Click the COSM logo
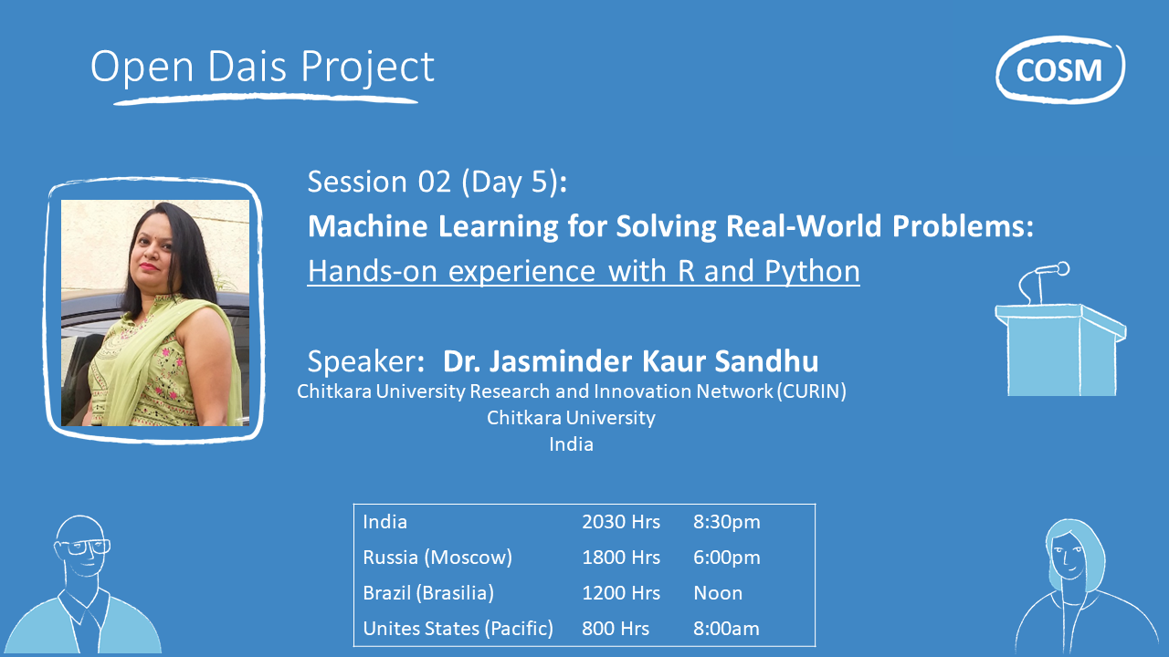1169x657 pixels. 1059,69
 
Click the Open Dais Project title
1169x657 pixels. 262,68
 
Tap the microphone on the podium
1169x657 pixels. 1050,270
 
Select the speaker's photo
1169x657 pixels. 155,312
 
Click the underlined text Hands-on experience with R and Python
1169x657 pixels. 584,271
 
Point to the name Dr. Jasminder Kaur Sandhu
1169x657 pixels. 630,361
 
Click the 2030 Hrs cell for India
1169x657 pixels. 620,522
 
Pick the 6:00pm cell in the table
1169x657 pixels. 726,558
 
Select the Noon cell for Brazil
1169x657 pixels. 718,593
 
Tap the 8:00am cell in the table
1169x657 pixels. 726,629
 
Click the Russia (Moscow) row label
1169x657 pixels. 437,558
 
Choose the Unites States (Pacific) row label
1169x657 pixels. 458,629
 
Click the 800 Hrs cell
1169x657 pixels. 615,629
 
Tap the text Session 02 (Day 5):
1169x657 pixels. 437,182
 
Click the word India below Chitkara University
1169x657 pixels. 571,444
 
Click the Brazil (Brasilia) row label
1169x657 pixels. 428,593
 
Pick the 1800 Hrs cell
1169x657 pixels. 620,558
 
